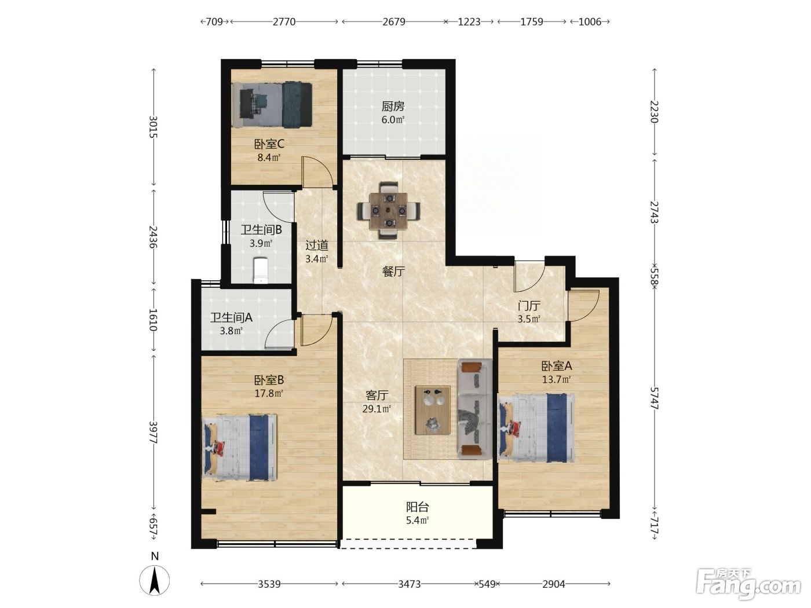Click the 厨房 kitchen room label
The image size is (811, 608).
pos(393,107)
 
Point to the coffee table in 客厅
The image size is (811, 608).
pos(433,410)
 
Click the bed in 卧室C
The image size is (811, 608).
pos(272,105)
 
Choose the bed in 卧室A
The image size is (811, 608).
pos(536,427)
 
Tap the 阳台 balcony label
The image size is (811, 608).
pos(417,507)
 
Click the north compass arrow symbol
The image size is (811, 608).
pos(155,580)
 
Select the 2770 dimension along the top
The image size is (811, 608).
pos(284,22)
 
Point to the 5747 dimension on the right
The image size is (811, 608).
pos(655,398)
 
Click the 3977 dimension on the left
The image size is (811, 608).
pos(154,433)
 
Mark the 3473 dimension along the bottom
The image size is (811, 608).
pos(409,584)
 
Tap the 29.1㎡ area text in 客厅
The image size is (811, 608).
pos(377,409)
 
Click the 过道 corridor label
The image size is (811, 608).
pos(317,246)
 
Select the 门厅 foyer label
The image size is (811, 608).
pos(529,306)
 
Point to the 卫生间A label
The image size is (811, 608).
pos(231,317)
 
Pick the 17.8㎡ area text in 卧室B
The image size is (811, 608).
pos(269,393)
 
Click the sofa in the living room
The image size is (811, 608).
pos(475,409)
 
